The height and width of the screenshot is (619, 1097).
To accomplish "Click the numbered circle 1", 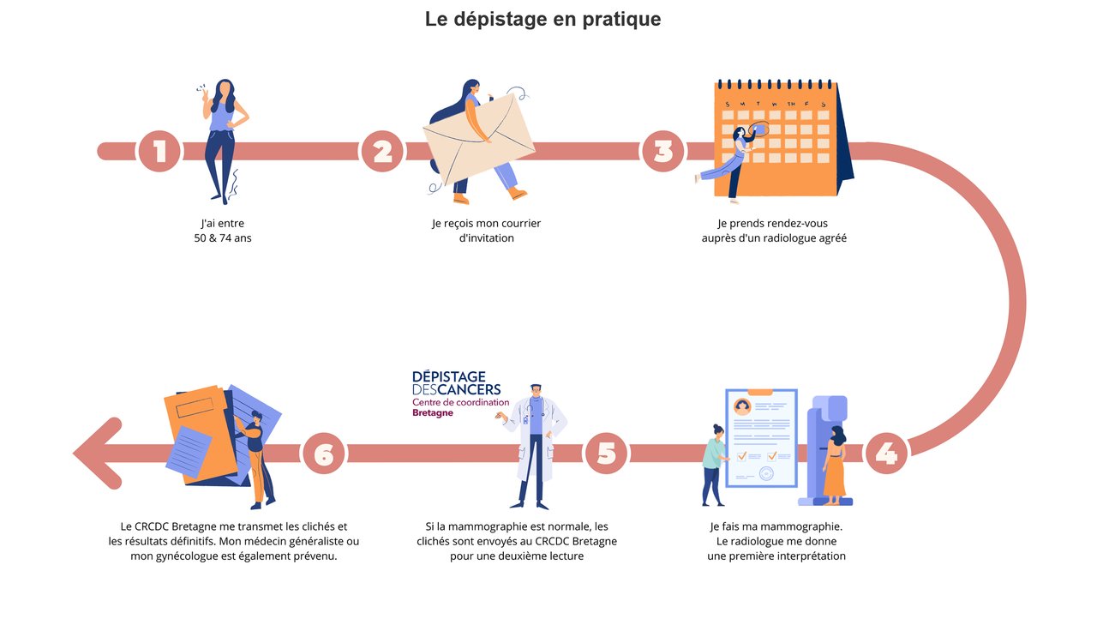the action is pos(159,152).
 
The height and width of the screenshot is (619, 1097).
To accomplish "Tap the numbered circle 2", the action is pos(382,152).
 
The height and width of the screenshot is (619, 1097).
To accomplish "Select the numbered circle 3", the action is pos(663,152).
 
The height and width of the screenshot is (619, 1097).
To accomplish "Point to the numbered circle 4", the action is pos(886,454).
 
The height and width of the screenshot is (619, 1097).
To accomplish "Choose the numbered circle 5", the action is pos(606,454).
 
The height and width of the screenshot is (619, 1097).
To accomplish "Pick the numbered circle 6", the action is pos(324,454).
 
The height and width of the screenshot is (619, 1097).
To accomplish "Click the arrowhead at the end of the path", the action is pos(98,454).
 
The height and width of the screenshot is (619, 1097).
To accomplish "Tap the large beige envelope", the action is pos(478,139).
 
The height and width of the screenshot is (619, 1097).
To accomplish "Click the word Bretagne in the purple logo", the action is pos(433,413).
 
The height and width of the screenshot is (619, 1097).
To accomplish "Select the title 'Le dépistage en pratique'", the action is pos(543,19).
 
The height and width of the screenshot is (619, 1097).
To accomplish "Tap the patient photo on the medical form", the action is pos(742,406).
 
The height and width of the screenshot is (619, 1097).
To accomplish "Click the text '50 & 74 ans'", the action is pos(223,238).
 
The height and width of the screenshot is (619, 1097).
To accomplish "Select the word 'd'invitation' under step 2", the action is pos(486,238).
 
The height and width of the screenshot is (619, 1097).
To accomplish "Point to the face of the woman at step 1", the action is pos(225,90).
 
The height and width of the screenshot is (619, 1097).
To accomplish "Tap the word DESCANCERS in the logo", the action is pos(457,390).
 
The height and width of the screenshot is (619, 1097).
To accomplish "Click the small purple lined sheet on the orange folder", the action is pos(189,452).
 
